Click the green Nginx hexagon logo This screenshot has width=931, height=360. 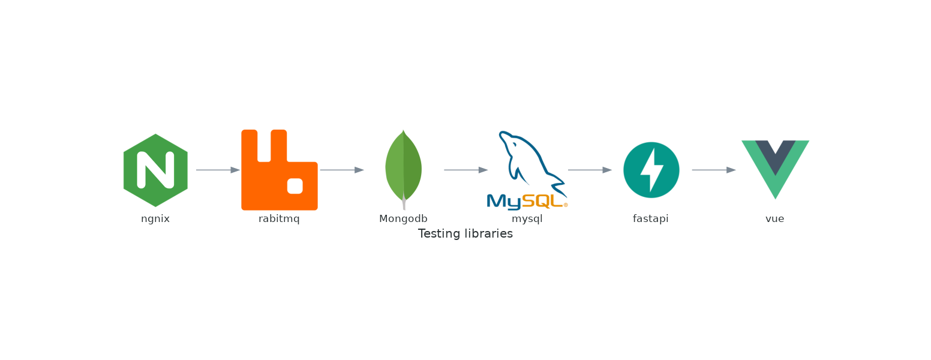(x=155, y=170)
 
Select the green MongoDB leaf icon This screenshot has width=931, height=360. (x=403, y=168)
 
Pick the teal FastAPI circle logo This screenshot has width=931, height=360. (x=651, y=170)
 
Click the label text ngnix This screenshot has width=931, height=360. (x=155, y=219)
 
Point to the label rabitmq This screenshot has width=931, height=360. (x=279, y=219)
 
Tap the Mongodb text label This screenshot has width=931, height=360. (x=403, y=219)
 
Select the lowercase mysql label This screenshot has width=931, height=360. (x=527, y=219)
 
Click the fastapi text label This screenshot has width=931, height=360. (x=650, y=219)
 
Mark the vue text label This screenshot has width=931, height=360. (x=774, y=219)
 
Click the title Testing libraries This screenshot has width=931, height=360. (x=465, y=234)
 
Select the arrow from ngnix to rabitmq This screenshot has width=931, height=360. (x=218, y=170)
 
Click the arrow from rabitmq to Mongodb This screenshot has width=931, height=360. (x=342, y=170)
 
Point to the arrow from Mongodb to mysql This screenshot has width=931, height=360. (x=465, y=170)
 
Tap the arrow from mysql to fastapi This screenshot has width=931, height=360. (x=590, y=170)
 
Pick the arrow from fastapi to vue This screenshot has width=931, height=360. (x=713, y=170)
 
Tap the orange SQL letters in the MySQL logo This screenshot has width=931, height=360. (x=542, y=202)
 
